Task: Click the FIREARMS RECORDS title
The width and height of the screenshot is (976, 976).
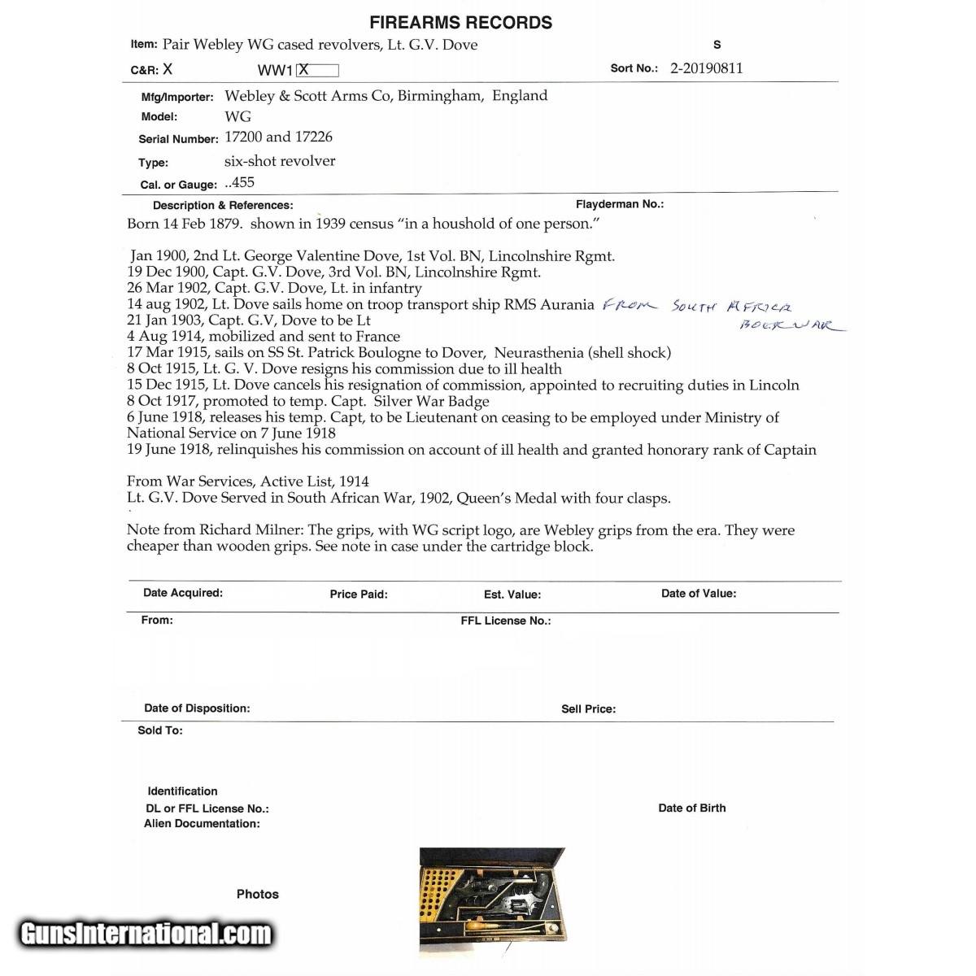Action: click(460, 23)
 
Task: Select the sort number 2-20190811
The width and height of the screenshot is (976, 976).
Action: click(706, 68)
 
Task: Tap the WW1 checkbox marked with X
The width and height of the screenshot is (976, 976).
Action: click(317, 70)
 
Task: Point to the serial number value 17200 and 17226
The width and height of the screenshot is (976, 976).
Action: click(278, 137)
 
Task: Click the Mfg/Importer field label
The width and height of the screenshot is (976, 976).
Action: click(177, 97)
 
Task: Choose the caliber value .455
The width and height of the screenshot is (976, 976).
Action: click(240, 183)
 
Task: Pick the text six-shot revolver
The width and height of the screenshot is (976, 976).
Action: click(280, 161)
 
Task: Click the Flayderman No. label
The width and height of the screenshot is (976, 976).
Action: click(619, 204)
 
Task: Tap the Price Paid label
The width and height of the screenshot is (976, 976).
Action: click(358, 595)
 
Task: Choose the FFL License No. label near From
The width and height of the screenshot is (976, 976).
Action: click(505, 621)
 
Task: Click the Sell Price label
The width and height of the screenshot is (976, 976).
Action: click(588, 709)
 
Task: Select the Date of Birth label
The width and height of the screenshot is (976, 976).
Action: click(691, 808)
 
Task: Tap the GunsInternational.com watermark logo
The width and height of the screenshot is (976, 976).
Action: click(146, 932)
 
